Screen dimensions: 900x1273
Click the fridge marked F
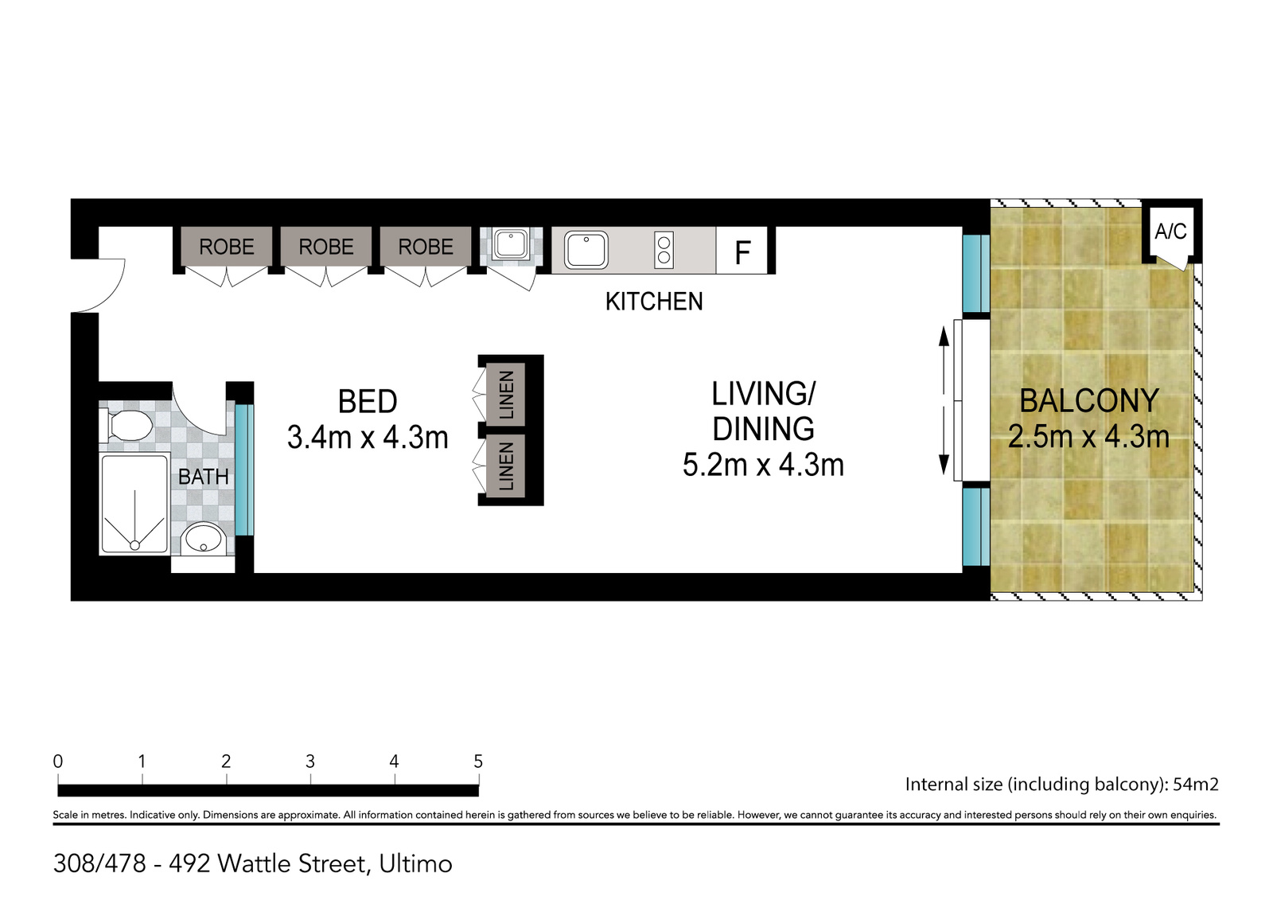742,251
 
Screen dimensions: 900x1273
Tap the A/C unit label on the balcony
1170,232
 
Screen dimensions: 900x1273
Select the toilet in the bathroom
127,427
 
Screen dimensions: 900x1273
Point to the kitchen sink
586,250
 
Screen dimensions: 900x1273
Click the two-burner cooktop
664,250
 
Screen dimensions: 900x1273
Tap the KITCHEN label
654,302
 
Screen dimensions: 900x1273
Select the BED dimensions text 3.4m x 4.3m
368,438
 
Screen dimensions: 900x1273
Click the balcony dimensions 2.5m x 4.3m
1088,437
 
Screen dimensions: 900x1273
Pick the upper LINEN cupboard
506,395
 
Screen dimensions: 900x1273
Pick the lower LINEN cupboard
506,467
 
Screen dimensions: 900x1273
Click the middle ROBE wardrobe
326,247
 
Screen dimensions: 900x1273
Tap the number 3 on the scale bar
310,762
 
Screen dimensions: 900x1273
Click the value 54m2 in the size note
1195,785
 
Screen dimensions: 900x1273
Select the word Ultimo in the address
415,863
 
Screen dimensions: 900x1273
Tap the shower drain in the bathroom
135,545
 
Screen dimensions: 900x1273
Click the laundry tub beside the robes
509,244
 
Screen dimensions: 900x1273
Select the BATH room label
203,477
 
